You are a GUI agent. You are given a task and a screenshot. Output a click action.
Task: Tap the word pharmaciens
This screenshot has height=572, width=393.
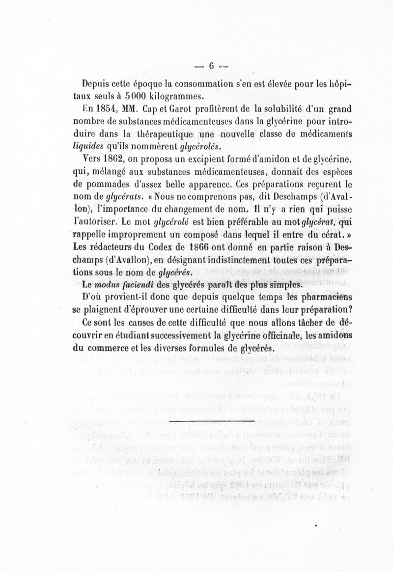[x=325, y=298]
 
